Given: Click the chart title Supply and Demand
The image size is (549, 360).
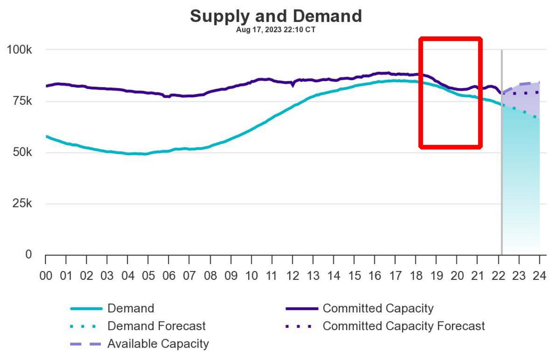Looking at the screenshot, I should [276, 16].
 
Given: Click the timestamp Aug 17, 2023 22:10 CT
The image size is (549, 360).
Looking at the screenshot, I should [276, 30].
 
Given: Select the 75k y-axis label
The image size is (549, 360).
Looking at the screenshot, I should [22, 102].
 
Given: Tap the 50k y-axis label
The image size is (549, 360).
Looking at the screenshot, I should [22, 153].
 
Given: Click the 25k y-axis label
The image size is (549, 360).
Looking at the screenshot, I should [22, 204].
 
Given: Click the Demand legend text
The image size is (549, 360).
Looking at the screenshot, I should [131, 308].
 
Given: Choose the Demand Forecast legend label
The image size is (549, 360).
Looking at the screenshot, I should [156, 326].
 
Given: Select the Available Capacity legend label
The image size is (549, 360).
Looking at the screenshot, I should [158, 344].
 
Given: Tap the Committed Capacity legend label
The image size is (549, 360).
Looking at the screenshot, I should [378, 308].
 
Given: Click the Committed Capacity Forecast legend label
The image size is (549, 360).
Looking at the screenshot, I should [404, 326].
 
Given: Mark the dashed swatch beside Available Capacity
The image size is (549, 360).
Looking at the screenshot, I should [86, 344].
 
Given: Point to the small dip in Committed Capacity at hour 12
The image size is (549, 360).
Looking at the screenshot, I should [293, 85].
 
